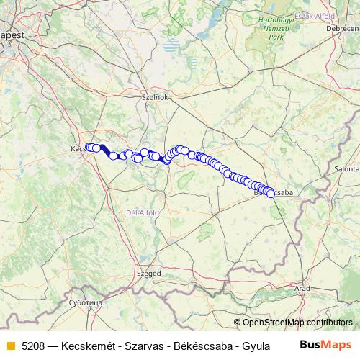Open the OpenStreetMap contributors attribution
click(297, 323)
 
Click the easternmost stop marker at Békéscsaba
click(271, 193)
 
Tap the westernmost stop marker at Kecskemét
click(89, 148)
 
